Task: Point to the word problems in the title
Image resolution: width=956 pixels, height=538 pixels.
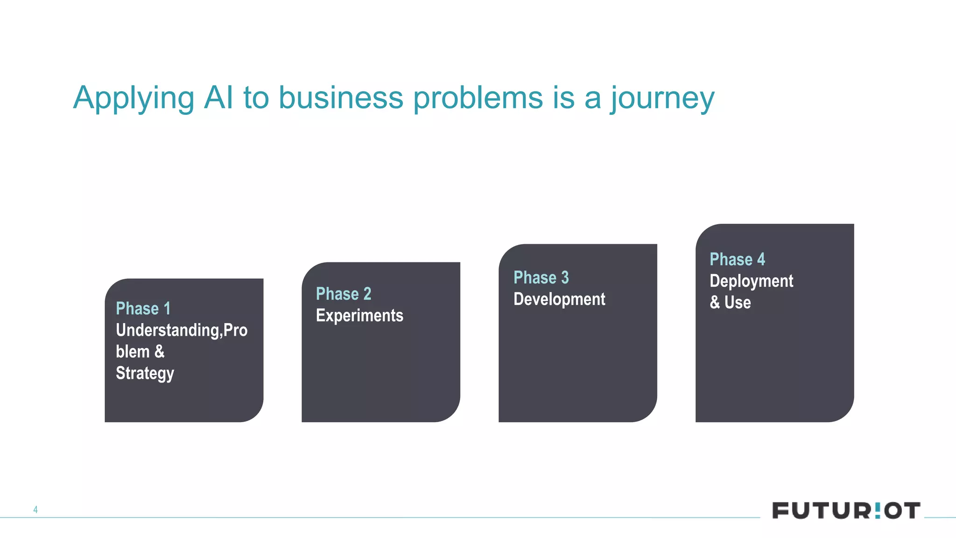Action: (x=478, y=98)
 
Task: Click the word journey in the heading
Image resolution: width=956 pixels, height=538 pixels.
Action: (x=662, y=99)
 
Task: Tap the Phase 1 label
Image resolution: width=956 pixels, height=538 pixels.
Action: (x=143, y=309)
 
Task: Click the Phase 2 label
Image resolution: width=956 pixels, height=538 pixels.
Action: (x=344, y=294)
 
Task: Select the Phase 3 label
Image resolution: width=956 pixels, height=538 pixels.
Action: (x=541, y=278)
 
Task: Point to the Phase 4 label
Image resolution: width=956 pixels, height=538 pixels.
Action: (x=737, y=260)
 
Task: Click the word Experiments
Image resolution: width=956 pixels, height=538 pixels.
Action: (x=359, y=316)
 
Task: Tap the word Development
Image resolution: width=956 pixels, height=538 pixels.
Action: (x=559, y=299)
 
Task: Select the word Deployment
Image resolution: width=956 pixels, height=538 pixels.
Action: (x=751, y=281)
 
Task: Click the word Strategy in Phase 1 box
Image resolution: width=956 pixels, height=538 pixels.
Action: (x=145, y=374)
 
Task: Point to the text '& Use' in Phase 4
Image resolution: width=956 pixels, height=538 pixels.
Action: (x=730, y=303)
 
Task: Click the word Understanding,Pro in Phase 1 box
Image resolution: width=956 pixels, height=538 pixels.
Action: (x=182, y=330)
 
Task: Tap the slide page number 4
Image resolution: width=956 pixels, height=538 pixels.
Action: (x=35, y=510)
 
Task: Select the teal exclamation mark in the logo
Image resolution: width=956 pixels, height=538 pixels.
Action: (x=877, y=510)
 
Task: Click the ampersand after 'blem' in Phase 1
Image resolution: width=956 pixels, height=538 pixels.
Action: (x=160, y=352)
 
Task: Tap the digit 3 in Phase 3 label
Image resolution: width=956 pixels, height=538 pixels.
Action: (x=565, y=278)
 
